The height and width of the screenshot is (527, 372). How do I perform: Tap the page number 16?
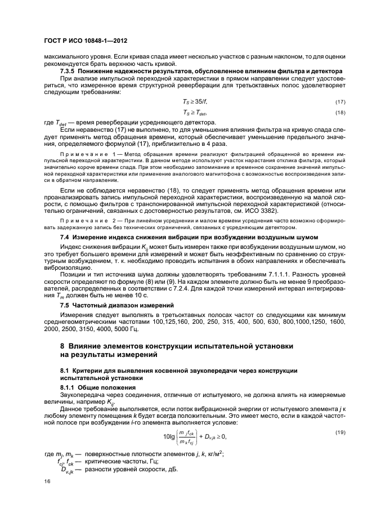47,481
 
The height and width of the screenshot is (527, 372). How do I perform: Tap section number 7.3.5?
69,71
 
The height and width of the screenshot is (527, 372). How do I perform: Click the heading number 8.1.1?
70,388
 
